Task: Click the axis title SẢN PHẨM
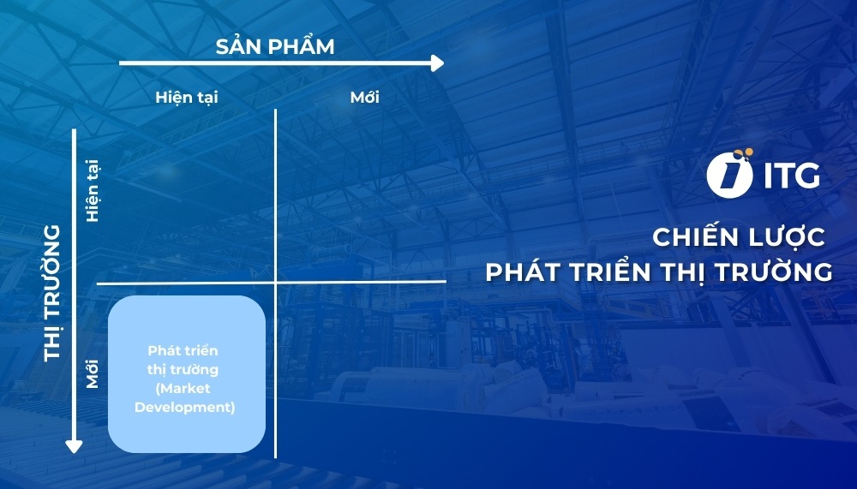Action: tap(274, 46)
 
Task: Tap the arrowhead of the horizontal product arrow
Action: tap(437, 63)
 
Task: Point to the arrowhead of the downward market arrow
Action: tap(74, 445)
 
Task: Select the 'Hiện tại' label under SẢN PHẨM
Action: tap(187, 97)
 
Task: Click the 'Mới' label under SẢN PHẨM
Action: tap(365, 97)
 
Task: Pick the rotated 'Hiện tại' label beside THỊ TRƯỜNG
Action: tap(93, 190)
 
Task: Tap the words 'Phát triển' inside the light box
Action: tap(183, 351)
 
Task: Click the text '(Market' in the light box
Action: tap(183, 389)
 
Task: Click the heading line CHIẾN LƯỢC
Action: tap(739, 236)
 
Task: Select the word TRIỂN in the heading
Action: tap(611, 272)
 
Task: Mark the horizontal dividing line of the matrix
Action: tap(360, 281)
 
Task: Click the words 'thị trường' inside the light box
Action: tap(183, 370)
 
